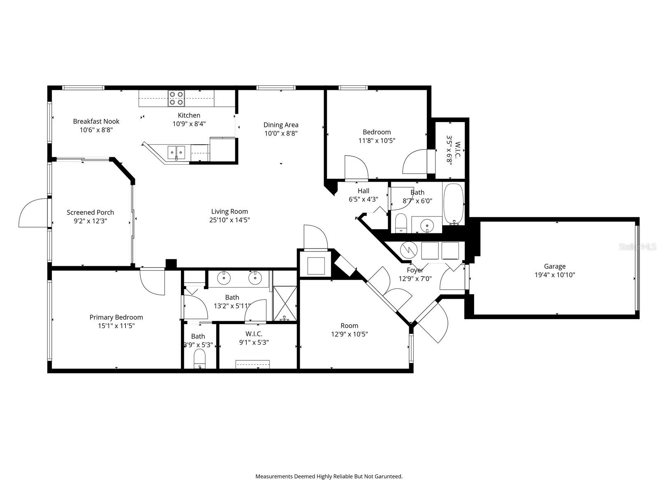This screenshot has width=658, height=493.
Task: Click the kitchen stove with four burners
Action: point(176,98)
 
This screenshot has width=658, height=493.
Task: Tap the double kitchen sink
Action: point(176,152)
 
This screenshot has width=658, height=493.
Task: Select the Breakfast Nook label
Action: point(96,121)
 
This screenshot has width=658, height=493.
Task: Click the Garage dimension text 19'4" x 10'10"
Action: point(554,275)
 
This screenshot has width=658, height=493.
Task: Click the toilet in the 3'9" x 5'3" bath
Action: point(199,359)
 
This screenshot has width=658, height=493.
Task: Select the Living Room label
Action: point(229,212)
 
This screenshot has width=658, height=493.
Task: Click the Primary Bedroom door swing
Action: point(153,281)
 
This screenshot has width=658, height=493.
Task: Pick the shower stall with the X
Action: point(285,303)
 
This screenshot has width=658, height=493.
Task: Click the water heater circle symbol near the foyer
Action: point(409,249)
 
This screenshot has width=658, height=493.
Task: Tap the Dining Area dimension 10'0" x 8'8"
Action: point(281,134)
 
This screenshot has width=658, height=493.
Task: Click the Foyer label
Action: point(415,270)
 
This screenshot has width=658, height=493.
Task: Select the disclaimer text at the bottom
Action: point(329,477)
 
